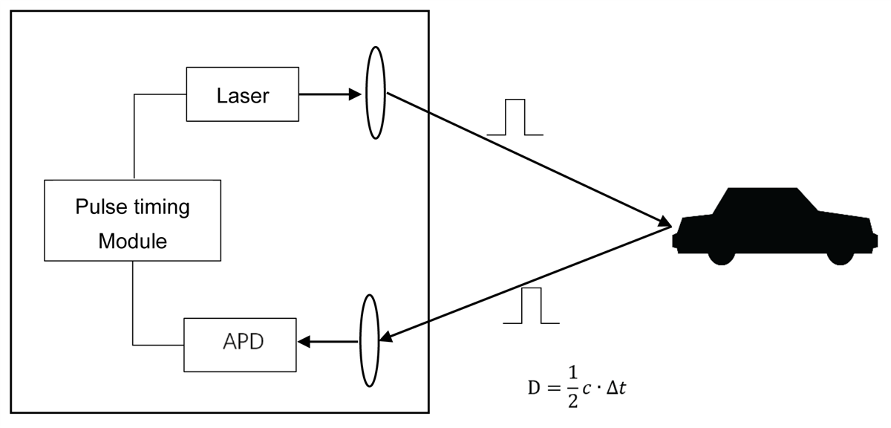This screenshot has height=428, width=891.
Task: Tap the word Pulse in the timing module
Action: coord(101,207)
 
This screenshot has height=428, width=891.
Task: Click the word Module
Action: coord(133,241)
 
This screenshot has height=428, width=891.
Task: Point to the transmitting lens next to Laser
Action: coord(376,94)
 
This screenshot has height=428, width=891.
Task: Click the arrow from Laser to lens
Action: coord(330,94)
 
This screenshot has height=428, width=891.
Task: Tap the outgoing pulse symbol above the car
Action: coord(515,117)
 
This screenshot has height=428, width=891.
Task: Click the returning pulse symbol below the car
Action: coord(531,306)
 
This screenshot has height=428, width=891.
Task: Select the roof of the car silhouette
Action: coord(765,192)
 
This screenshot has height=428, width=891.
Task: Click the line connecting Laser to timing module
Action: coord(134,134)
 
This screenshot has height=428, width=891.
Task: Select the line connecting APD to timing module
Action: coord(134,305)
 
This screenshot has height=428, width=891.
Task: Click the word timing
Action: coord(158,207)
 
